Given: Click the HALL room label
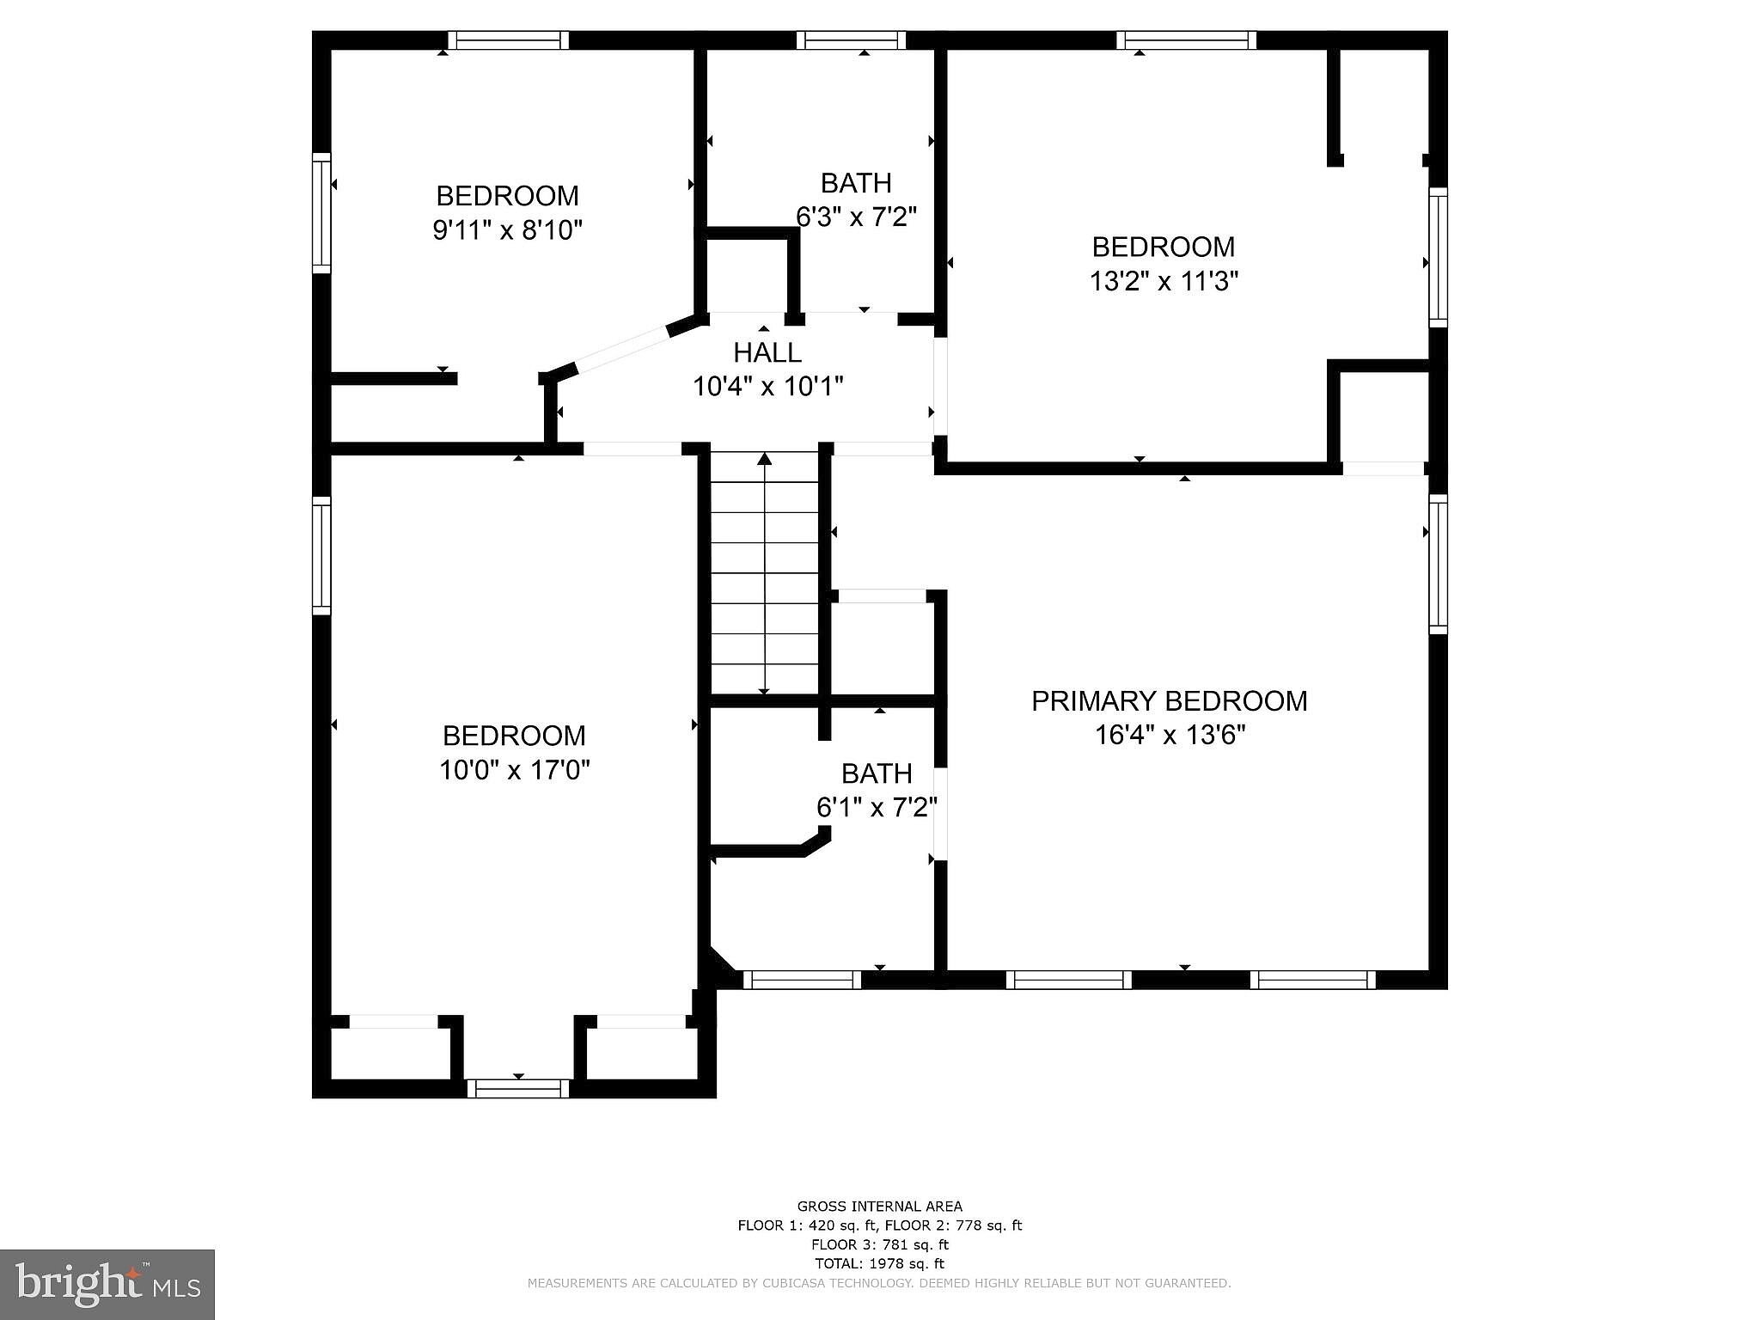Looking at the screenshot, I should click(x=767, y=352).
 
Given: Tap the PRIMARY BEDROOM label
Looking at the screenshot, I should click(x=1169, y=701).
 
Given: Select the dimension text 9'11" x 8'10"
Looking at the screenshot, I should click(x=507, y=230).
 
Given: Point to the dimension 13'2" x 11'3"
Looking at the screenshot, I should click(x=1164, y=281).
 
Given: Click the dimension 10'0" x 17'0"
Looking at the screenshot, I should click(x=514, y=770).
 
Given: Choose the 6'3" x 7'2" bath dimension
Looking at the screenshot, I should click(x=856, y=217).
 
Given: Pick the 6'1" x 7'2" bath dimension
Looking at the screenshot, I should click(x=876, y=808).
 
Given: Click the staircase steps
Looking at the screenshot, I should click(x=764, y=576).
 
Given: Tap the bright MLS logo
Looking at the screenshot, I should click(x=107, y=1285).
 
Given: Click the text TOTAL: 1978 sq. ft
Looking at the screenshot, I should click(x=879, y=1263).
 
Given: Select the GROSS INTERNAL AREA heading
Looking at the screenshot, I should click(x=879, y=1207).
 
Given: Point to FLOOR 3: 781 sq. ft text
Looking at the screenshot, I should click(x=879, y=1244).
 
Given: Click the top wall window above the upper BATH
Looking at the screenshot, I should click(x=851, y=40).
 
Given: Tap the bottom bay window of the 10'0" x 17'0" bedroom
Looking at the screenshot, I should click(x=518, y=1088).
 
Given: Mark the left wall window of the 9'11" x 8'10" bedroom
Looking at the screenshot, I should click(x=321, y=213).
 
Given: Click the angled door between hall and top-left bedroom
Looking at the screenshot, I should click(x=622, y=349).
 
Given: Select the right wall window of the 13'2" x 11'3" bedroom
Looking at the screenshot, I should click(x=1438, y=257).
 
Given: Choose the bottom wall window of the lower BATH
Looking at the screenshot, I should click(x=802, y=980).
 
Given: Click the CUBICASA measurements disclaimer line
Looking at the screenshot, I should click(x=879, y=1283).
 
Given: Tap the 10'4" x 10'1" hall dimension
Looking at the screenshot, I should click(x=767, y=387).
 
